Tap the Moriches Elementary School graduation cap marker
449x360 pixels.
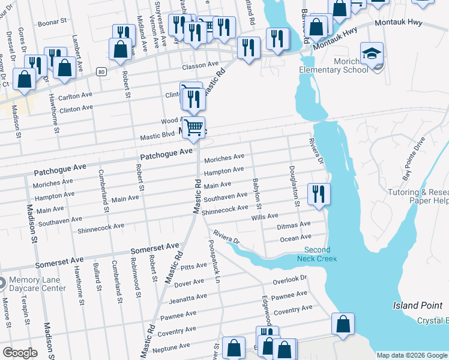click(372, 53)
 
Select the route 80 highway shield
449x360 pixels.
click(101, 72)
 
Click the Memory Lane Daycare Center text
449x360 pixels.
click(37, 284)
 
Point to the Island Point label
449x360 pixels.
click(414, 305)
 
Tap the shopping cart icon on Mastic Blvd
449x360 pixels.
click(193, 127)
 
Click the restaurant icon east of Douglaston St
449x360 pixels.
click(318, 194)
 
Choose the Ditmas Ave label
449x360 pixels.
click(294, 226)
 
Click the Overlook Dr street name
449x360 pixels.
click(289, 280)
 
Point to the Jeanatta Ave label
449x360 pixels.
click(188, 298)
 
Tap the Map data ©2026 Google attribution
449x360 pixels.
click(412, 355)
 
